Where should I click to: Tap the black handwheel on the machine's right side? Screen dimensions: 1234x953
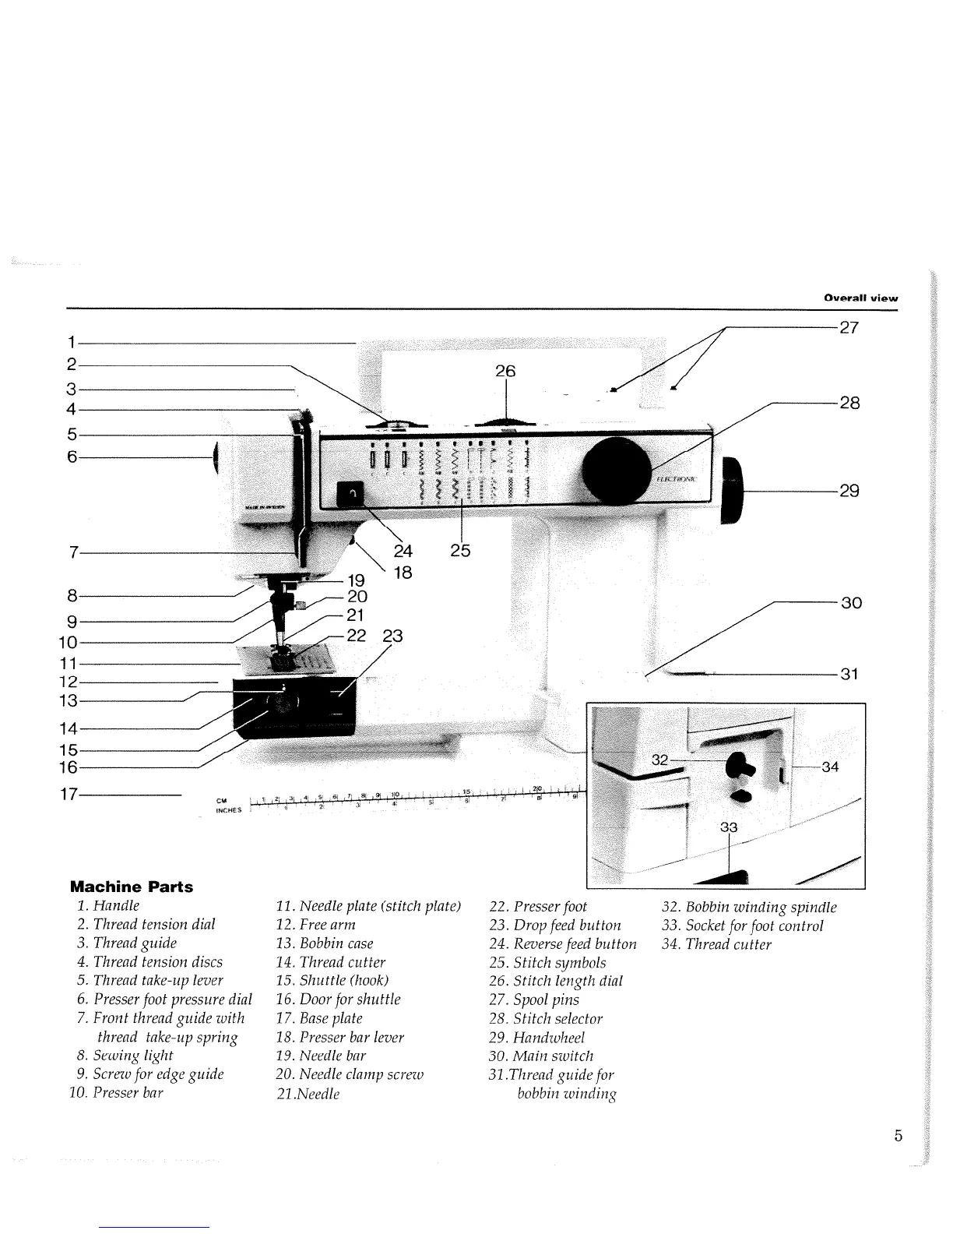[733, 491]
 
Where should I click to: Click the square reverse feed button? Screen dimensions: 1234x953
[350, 493]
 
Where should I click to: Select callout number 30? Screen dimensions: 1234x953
[851, 603]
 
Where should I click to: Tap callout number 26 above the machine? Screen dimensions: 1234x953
[506, 371]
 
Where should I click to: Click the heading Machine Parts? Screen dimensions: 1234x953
[132, 887]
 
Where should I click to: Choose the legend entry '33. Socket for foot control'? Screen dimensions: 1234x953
[741, 926]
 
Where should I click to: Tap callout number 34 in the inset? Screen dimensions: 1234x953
[830, 767]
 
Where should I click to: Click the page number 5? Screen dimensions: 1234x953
[898, 1135]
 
